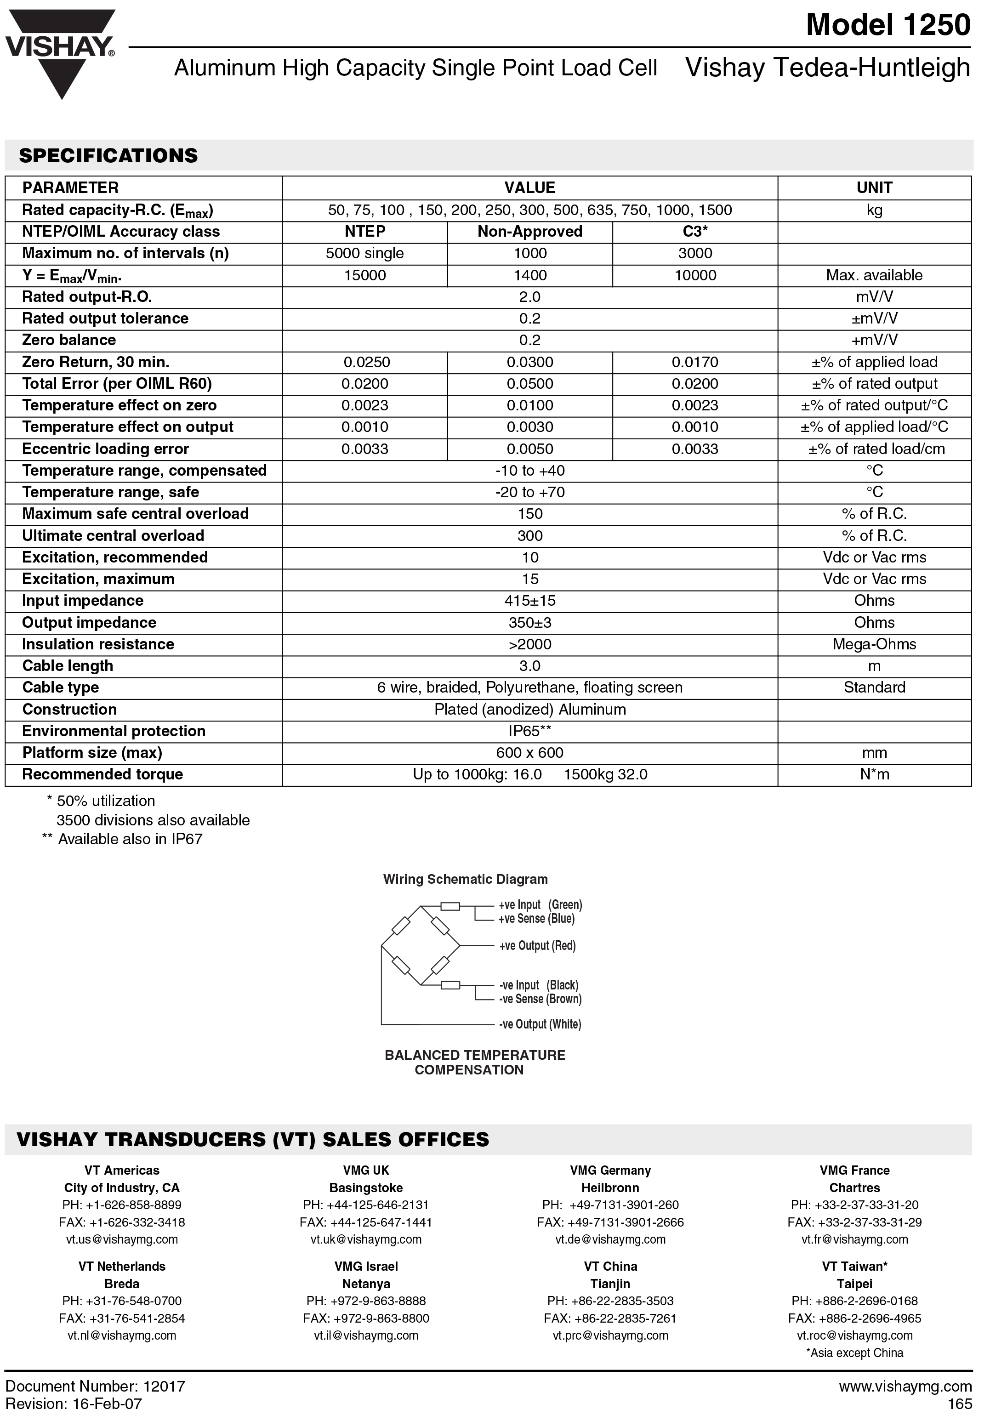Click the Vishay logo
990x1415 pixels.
60,49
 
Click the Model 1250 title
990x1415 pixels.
888,25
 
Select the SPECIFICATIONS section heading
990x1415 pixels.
108,155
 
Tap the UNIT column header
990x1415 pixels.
874,188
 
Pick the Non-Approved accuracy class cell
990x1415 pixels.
529,232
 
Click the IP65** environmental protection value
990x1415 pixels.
529,731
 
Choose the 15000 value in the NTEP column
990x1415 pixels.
365,275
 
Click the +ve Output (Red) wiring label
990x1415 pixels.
537,946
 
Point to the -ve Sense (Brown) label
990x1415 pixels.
540,999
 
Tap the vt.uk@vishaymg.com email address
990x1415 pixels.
366,1239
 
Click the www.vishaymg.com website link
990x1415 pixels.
905,1387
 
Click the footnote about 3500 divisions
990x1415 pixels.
153,820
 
